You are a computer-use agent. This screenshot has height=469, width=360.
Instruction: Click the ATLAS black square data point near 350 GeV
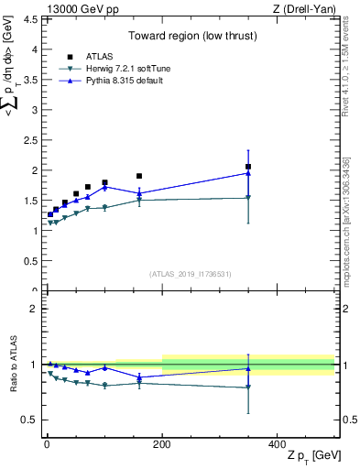pyautogui.click(x=248, y=167)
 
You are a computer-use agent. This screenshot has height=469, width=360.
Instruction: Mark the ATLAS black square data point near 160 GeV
pyautogui.click(x=139, y=176)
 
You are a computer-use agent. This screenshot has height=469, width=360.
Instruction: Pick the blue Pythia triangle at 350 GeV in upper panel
pyautogui.click(x=248, y=172)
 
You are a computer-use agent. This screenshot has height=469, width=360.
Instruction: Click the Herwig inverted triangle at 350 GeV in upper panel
pyautogui.click(x=248, y=197)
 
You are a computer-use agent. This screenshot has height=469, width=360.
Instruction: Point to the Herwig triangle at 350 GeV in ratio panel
pyautogui.click(x=248, y=387)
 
